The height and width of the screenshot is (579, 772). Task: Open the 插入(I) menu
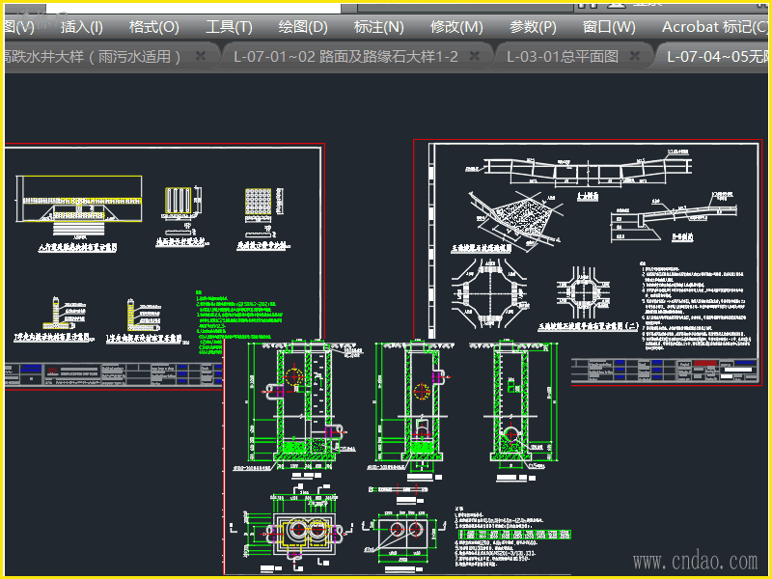coord(81,27)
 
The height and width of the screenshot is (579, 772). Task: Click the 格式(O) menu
coord(153,27)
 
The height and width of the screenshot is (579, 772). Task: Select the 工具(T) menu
coord(229,27)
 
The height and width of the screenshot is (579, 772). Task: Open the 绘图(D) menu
coord(303,27)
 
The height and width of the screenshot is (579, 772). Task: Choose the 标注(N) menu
coord(378,27)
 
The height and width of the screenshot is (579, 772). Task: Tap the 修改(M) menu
coord(456,27)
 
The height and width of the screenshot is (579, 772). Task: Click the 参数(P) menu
coord(533,27)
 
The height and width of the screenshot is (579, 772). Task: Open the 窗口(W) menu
coord(609,27)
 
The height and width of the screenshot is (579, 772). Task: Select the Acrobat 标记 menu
coord(714,27)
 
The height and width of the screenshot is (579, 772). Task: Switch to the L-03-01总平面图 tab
coord(562,56)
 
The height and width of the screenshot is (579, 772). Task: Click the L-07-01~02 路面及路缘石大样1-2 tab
coord(345,56)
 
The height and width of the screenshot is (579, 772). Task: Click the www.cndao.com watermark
coord(695,561)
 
